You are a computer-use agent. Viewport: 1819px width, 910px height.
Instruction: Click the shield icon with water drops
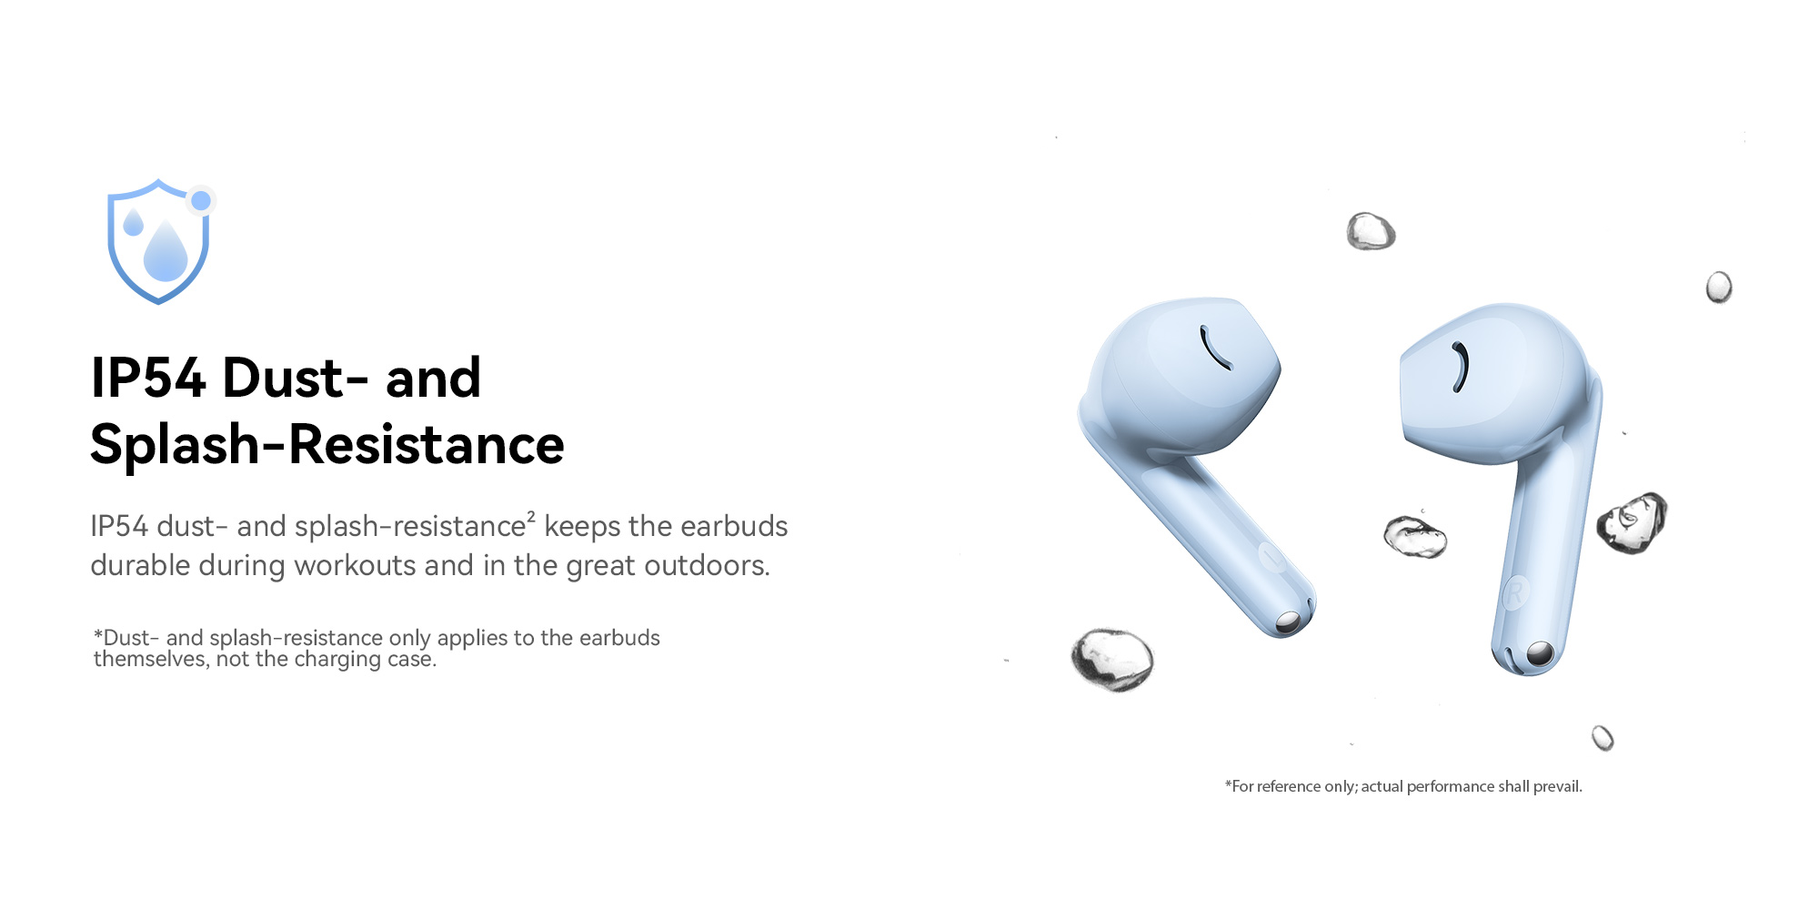point(159,242)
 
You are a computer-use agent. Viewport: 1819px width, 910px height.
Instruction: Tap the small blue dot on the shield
point(201,200)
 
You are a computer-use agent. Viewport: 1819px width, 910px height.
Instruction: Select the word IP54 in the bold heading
point(147,378)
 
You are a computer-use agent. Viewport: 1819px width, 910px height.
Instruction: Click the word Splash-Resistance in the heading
point(327,444)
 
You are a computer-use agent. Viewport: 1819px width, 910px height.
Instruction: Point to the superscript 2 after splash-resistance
point(531,516)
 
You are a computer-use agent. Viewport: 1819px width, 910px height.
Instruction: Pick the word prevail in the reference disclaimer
point(1558,786)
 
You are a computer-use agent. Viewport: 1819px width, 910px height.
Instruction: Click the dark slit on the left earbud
point(1215,349)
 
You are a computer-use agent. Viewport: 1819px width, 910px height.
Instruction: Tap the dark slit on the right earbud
point(1461,367)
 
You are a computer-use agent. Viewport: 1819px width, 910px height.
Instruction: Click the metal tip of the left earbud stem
point(1288,622)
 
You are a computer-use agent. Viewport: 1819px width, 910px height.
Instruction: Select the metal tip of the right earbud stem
point(1540,653)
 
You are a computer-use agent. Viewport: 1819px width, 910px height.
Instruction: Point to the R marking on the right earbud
point(1514,593)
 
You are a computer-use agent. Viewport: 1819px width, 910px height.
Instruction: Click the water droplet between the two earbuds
point(1415,536)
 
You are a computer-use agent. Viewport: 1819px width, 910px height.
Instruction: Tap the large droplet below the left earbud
point(1111,660)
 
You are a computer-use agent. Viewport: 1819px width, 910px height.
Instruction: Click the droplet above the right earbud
point(1371,231)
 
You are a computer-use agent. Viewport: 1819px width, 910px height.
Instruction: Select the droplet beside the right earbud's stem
point(1633,522)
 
